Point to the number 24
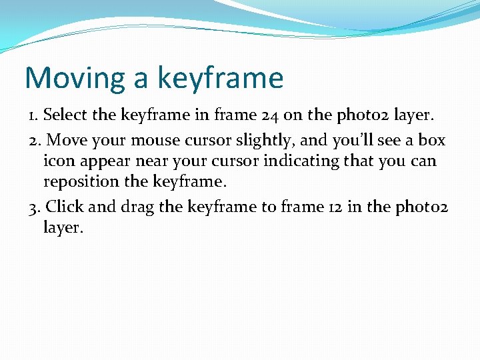click(268, 115)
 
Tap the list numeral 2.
click(34, 141)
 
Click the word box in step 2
click(431, 141)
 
